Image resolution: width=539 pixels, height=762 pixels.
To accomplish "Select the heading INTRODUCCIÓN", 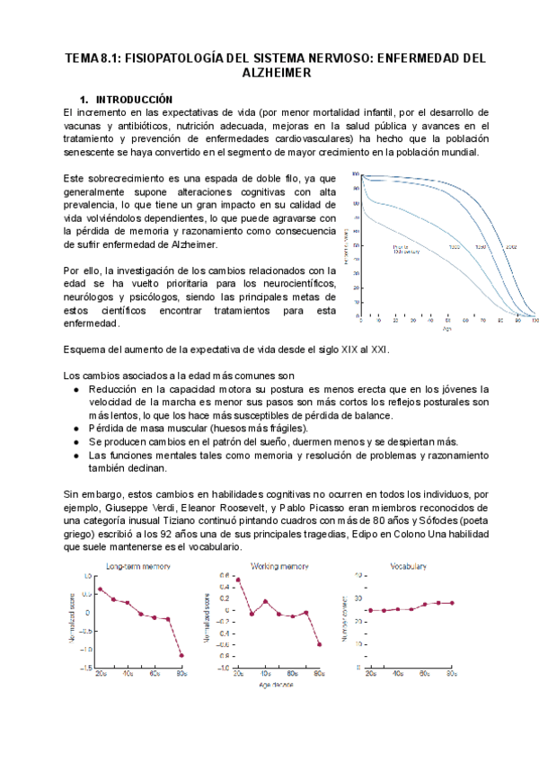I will point(134,99).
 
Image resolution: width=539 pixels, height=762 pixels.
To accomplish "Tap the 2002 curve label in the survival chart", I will point(511,246).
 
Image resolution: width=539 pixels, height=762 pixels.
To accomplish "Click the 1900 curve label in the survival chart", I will point(455,246).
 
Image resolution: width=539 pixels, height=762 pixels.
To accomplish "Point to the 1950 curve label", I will point(481,246).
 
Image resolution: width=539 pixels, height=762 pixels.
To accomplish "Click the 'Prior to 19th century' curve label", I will point(405,248).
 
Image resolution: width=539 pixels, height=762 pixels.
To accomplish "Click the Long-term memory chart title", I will point(138,567).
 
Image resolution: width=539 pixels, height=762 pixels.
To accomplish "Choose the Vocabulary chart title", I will point(408,567).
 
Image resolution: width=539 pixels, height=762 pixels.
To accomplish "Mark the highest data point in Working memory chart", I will point(238,580).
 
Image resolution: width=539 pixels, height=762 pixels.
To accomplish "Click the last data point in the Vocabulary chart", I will point(452,603).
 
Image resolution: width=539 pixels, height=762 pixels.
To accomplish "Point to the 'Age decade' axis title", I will point(278,684).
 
